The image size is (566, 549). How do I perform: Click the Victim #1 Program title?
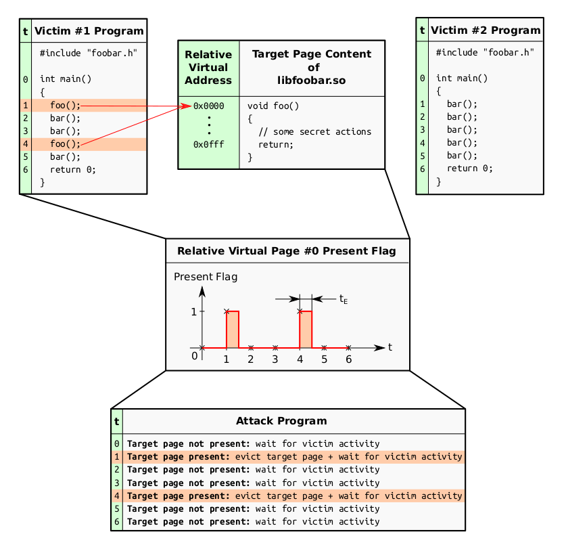(x=89, y=31)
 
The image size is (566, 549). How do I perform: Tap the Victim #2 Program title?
(x=486, y=30)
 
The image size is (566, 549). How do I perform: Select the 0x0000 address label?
(x=209, y=106)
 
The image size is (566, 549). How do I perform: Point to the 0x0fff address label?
(x=209, y=145)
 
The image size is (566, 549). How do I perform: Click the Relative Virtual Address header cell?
(x=209, y=68)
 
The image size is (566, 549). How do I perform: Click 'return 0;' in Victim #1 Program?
(x=73, y=169)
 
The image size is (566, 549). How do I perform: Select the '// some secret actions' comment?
(x=314, y=131)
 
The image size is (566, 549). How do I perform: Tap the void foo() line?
(x=273, y=106)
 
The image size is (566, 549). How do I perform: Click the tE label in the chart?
(x=344, y=299)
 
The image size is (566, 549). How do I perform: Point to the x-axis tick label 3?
(x=275, y=359)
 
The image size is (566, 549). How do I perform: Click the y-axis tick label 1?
(x=194, y=311)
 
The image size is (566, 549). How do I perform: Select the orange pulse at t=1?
(x=233, y=329)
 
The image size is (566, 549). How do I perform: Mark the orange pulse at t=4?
(x=306, y=329)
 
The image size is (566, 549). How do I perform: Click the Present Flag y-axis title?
(x=206, y=277)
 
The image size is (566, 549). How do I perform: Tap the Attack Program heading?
(x=281, y=421)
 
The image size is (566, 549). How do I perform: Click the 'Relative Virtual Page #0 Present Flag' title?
(x=287, y=251)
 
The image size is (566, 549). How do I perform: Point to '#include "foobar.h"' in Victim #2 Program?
(x=485, y=53)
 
